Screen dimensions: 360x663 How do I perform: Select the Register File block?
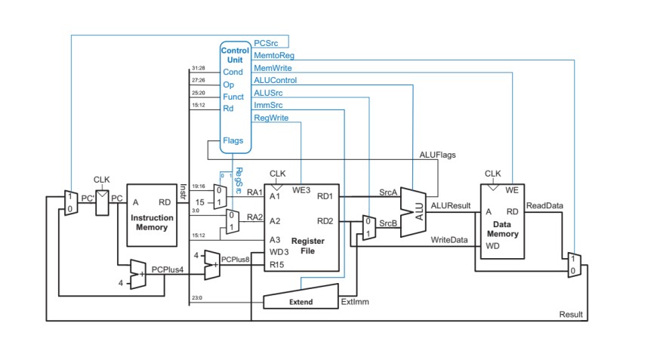pos(301,227)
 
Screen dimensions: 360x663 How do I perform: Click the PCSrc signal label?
pos(268,44)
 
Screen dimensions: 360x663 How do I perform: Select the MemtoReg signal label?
pos(273,56)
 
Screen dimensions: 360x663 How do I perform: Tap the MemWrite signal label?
pos(272,68)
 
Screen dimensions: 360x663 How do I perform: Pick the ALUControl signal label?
pos(275,80)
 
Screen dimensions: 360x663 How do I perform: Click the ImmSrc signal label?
pos(268,105)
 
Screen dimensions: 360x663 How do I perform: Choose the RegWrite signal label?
pos(270,118)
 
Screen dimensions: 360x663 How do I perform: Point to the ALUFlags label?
pos(438,155)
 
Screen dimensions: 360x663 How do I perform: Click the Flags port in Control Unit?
pos(233,140)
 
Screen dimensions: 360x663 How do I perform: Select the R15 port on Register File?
pos(275,265)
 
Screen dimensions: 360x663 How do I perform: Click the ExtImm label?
pos(353,302)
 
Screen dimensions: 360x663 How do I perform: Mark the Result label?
pos(571,314)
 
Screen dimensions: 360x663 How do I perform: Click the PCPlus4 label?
pos(167,269)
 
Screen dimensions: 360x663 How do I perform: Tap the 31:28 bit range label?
pos(199,68)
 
